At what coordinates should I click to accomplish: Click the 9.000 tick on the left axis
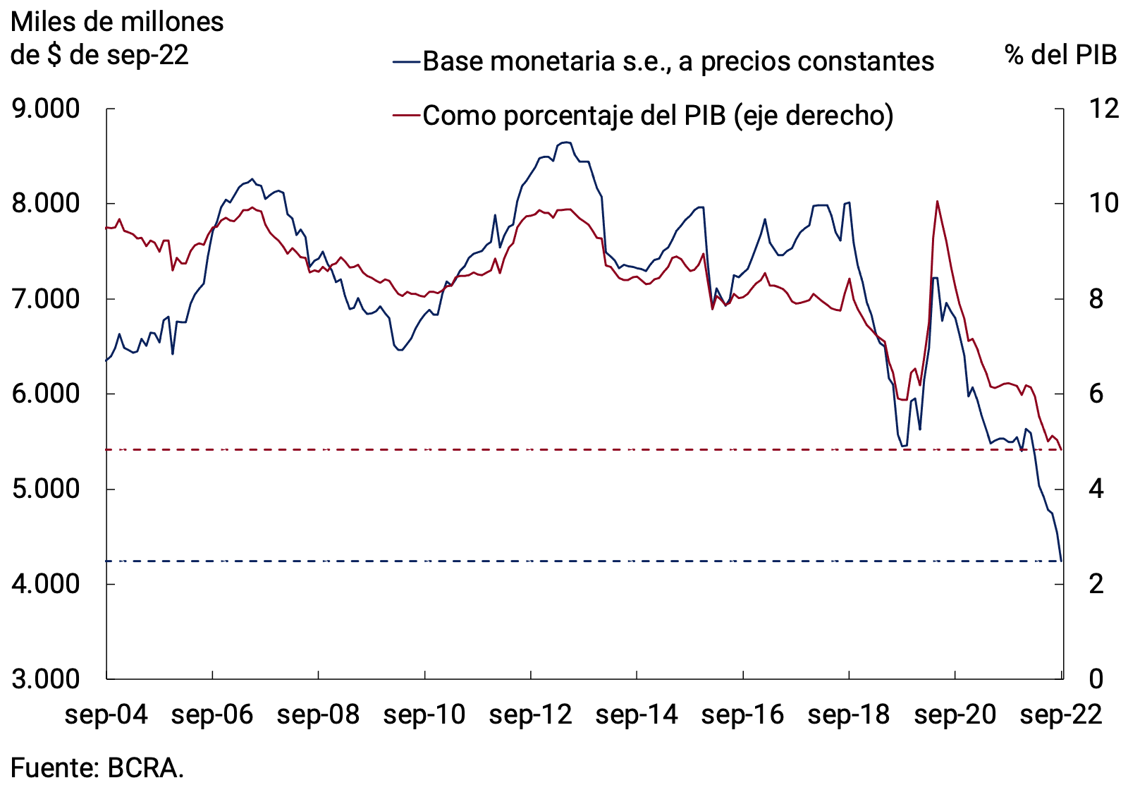[x=46, y=109]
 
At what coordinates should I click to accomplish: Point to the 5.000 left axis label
[x=46, y=488]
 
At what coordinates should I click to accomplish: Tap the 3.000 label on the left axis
[x=46, y=679]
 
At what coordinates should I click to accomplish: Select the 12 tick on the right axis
[x=1103, y=109]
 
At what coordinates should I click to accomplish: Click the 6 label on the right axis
[x=1096, y=394]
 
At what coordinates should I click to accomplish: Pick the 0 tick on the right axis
[x=1096, y=679]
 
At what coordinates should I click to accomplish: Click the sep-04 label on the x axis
[x=106, y=714]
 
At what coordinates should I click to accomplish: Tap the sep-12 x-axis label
[x=530, y=714]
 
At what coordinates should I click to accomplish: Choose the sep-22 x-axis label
[x=1061, y=714]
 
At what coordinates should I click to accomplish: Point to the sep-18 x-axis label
[x=849, y=714]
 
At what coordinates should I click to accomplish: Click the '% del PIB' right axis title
[x=1061, y=54]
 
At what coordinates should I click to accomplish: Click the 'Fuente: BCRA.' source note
[x=97, y=767]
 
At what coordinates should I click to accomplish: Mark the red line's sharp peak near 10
[x=937, y=202]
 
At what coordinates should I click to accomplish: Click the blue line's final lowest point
[x=1061, y=561]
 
